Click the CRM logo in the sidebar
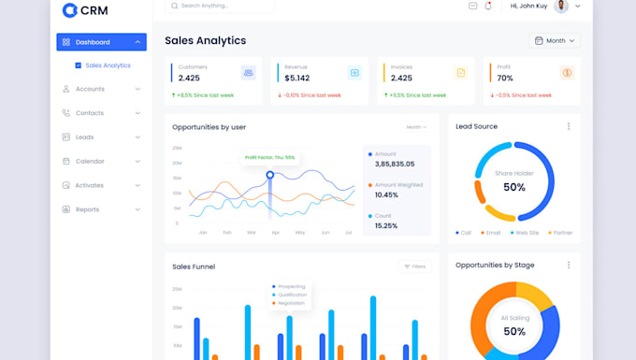coord(83,10)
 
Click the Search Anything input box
coord(220,6)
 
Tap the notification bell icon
coord(488,7)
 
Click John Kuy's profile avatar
coord(561,7)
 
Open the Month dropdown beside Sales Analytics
coord(555,41)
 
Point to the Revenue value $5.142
coord(297,78)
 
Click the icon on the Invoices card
coord(460,73)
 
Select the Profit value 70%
coord(505,78)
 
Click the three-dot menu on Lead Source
coord(568,126)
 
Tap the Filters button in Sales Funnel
coord(414,266)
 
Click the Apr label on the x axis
coord(275,232)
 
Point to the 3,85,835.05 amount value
coord(395,164)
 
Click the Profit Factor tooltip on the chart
coord(269,157)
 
